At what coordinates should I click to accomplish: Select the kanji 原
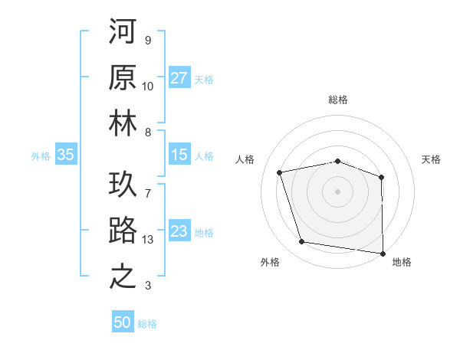click(123, 77)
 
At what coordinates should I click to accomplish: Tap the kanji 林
click(123, 125)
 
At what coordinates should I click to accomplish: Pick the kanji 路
click(123, 230)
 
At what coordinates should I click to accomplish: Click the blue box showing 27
click(179, 78)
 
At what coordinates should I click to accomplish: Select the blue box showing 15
click(179, 155)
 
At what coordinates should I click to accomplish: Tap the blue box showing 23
click(179, 231)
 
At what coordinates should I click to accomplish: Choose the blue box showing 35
click(66, 155)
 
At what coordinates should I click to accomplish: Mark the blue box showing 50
click(123, 322)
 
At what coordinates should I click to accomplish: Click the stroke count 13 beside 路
click(149, 239)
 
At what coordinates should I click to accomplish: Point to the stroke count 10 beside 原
click(148, 87)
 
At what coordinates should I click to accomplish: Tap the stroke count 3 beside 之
click(148, 286)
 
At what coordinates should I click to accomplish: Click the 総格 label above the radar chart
click(337, 100)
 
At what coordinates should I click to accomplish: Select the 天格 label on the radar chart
click(431, 159)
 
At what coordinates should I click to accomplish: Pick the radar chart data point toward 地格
click(383, 253)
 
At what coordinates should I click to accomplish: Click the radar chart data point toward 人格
click(280, 172)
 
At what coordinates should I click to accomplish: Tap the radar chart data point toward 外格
click(301, 242)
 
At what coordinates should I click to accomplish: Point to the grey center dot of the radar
click(337, 191)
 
